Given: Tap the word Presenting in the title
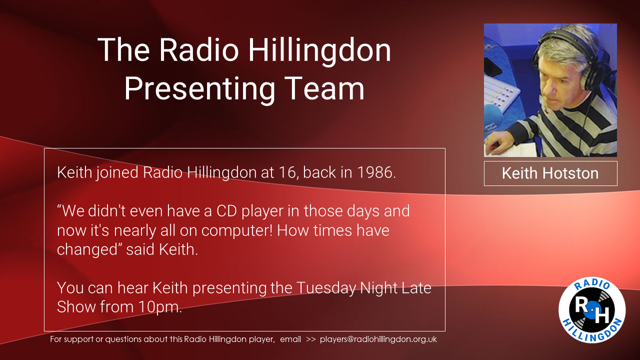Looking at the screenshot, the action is (x=199, y=89).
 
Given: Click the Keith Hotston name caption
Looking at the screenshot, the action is (x=550, y=173).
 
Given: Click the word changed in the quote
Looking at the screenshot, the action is (x=87, y=249).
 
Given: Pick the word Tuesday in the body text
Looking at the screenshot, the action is (x=326, y=288).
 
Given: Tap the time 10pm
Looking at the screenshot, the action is (x=160, y=307).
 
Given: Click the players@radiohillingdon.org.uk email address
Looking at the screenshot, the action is (x=378, y=339).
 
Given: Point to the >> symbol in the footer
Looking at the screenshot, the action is (x=310, y=339).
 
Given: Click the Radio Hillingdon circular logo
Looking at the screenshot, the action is (x=592, y=310).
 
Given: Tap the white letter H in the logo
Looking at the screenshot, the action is (x=601, y=314).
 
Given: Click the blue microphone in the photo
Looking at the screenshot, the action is (x=493, y=114).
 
